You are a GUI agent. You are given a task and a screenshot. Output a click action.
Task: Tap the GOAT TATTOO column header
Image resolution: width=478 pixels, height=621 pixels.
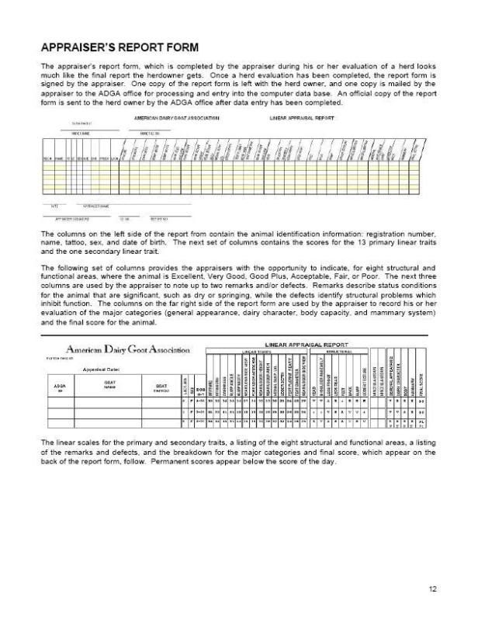[161, 387]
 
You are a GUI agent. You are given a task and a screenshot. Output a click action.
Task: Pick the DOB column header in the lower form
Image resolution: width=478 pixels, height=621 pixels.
[199, 388]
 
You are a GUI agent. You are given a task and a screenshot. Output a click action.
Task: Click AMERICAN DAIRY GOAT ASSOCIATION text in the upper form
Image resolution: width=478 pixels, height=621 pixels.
[176, 118]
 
